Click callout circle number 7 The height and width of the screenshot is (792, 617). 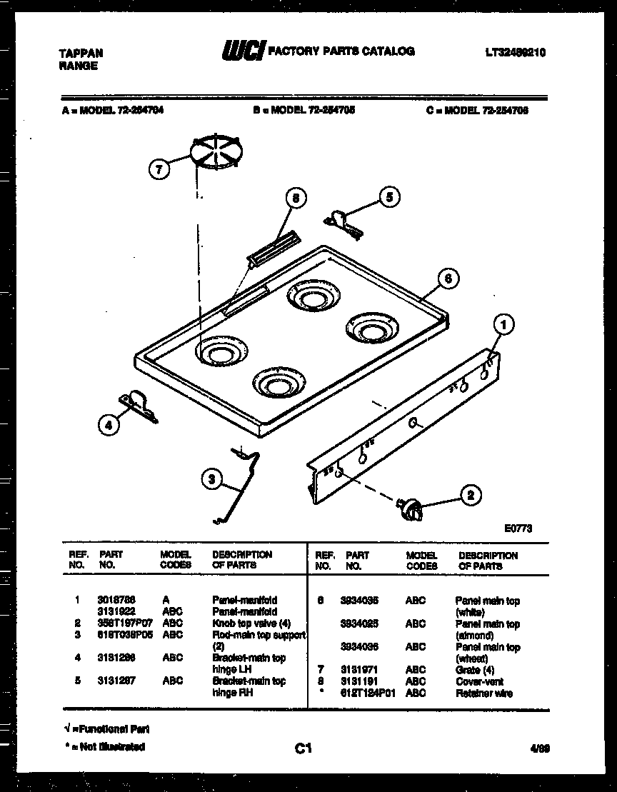[159, 169]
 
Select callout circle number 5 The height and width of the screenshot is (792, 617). [388, 198]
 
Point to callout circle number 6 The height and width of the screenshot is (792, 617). [447, 279]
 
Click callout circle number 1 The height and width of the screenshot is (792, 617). [503, 326]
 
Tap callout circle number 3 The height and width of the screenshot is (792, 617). [211, 481]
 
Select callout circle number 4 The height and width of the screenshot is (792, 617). [109, 425]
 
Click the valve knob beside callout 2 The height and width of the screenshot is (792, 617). [411, 509]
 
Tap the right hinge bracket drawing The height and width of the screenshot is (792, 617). [343, 221]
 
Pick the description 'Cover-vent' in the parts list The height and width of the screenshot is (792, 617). [478, 681]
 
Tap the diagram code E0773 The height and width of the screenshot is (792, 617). [518, 528]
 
